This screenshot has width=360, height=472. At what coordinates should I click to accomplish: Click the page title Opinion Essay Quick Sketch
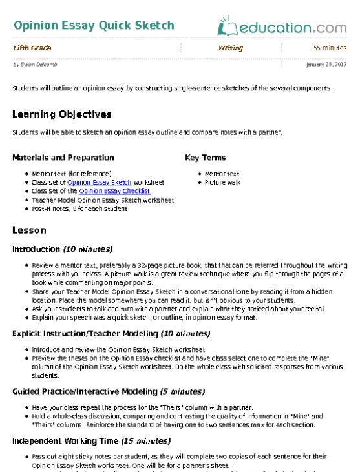tap(93, 26)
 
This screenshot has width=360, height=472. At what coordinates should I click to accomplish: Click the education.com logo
tap(282, 27)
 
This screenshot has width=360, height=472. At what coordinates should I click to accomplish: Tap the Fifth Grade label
tap(32, 48)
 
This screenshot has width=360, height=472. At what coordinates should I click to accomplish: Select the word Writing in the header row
tap(231, 48)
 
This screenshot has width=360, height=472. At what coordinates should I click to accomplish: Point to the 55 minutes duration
tap(330, 48)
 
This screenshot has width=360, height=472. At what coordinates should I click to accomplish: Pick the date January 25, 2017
tap(326, 65)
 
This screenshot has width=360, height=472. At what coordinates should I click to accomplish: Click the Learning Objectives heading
tap(62, 114)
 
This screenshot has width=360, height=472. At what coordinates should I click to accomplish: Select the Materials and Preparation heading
tap(63, 158)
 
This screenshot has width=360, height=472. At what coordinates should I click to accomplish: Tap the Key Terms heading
tap(206, 158)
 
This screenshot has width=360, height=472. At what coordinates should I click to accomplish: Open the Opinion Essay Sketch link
tap(100, 183)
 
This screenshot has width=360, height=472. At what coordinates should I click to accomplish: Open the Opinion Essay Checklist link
tap(114, 191)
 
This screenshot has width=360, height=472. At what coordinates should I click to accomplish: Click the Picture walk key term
tap(223, 183)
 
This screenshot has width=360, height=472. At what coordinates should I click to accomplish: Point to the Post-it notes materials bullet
tap(79, 209)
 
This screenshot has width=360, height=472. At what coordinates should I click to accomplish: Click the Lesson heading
tap(29, 231)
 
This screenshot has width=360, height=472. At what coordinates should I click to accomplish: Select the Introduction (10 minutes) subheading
tap(62, 249)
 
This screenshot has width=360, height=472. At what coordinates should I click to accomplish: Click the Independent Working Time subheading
tap(81, 441)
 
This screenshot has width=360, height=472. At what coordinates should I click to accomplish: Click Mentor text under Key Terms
tap(222, 174)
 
